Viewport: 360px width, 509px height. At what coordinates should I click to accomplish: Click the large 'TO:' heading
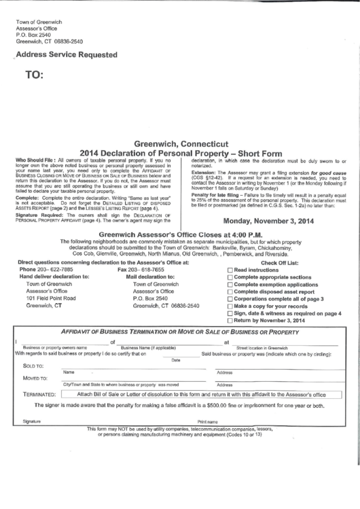point(33,74)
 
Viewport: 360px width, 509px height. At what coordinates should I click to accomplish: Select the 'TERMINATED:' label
point(39,394)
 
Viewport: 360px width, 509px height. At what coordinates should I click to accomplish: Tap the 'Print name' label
point(206,421)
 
